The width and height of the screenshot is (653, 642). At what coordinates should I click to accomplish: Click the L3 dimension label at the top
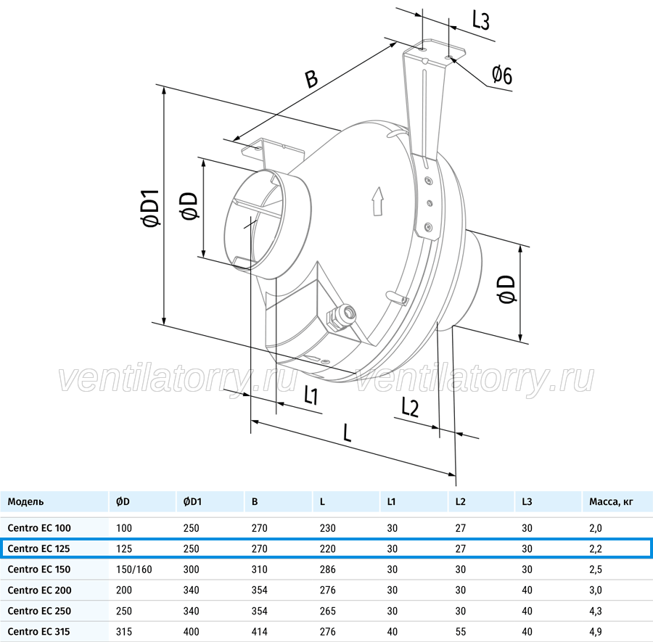(x=480, y=20)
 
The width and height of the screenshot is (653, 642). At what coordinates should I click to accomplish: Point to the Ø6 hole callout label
(x=502, y=75)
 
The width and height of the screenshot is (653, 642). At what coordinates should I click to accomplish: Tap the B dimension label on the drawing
(x=311, y=78)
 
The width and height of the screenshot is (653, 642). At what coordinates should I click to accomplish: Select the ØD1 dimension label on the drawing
(x=151, y=208)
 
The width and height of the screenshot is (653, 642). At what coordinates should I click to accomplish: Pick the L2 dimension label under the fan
(x=410, y=407)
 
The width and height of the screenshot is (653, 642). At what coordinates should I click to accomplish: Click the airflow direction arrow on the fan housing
(x=378, y=201)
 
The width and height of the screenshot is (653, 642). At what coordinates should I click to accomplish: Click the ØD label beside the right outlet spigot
(x=506, y=289)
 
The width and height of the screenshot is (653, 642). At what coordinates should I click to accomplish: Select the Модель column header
(x=25, y=502)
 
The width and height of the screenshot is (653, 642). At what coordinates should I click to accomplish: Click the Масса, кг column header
(x=611, y=502)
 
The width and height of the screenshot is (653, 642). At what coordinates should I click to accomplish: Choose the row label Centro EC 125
(x=38, y=548)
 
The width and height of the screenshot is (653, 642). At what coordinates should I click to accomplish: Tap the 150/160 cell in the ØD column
(x=134, y=569)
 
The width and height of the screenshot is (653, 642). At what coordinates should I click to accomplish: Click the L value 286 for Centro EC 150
(x=328, y=569)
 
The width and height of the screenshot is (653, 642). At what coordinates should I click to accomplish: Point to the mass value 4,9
(x=596, y=632)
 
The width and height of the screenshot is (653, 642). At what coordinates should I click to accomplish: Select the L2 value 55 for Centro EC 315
(x=460, y=632)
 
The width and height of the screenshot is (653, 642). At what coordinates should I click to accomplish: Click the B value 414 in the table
(x=260, y=632)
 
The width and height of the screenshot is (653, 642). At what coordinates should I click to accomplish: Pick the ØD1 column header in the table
(x=192, y=502)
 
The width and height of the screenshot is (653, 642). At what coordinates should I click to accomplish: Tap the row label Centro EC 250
(x=39, y=611)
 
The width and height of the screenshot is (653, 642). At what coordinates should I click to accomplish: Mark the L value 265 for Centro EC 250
(x=328, y=611)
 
